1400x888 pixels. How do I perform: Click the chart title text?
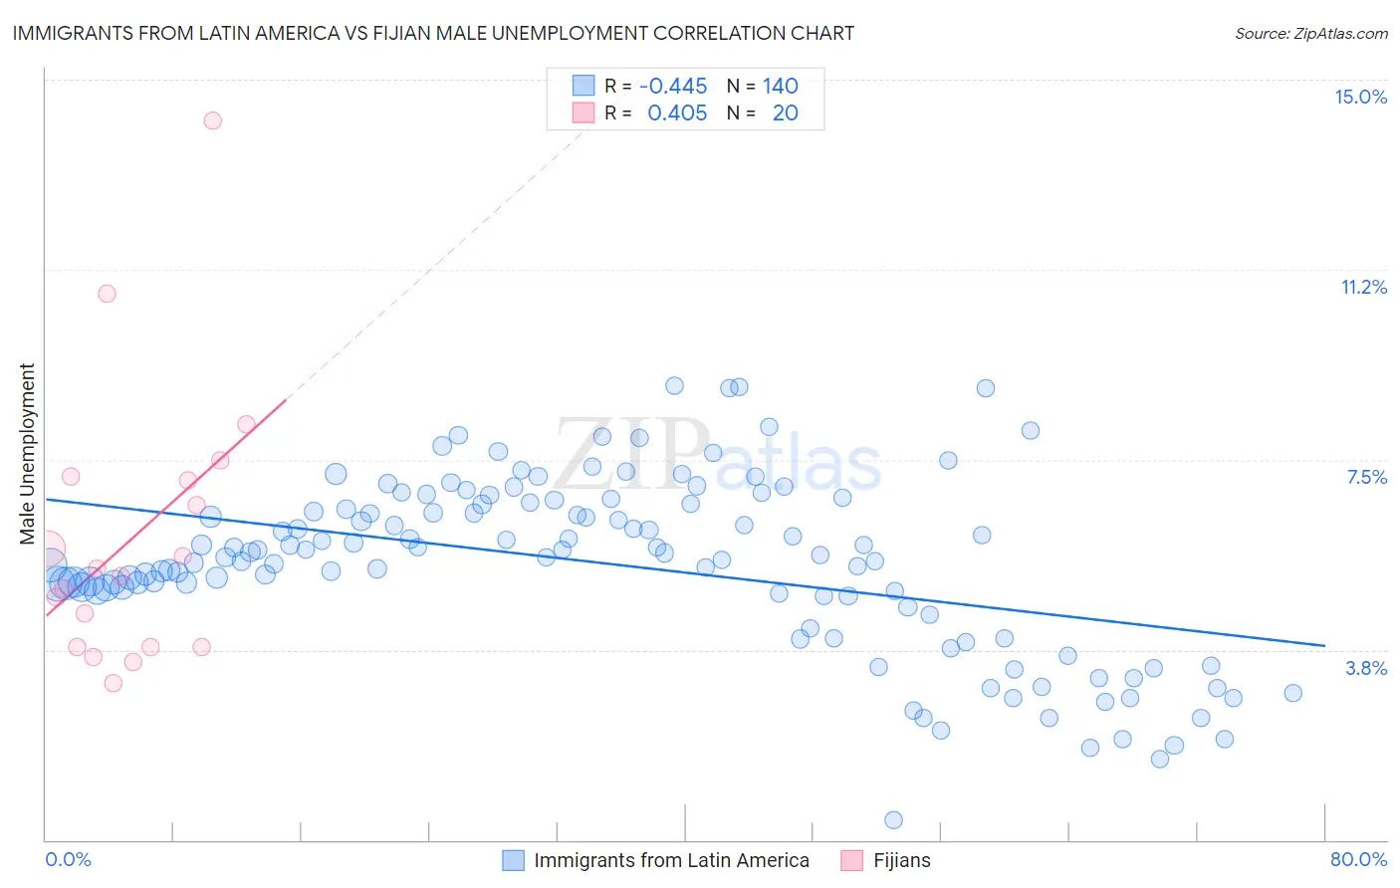pos(433,33)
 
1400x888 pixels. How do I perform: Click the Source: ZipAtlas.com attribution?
pos(1310,33)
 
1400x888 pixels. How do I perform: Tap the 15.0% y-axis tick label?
pos(1360,97)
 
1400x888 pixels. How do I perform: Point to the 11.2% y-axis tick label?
pos(1363,287)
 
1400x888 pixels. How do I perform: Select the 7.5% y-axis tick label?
pos(1366,477)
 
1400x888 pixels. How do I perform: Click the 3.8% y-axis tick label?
pos(1366,668)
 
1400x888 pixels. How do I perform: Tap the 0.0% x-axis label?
pos(68,859)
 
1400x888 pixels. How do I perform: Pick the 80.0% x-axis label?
pos(1358,859)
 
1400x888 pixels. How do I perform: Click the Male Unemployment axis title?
pos(27,453)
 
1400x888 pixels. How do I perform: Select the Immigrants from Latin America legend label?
pos(671,860)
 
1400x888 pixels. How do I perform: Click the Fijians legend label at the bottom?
pos(901,860)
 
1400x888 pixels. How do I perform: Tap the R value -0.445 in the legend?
pos(673,87)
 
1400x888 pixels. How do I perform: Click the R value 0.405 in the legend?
pos(677,113)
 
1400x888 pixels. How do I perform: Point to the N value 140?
pos(781,87)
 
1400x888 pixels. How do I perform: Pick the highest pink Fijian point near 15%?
pos(212,120)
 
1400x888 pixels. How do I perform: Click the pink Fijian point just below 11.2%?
pos(107,294)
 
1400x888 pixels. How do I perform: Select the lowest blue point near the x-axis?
pos(893,820)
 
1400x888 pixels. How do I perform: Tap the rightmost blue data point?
pos(1292,693)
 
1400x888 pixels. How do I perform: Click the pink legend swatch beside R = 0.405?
pos(583,112)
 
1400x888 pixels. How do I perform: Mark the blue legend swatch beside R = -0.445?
pos(583,86)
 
